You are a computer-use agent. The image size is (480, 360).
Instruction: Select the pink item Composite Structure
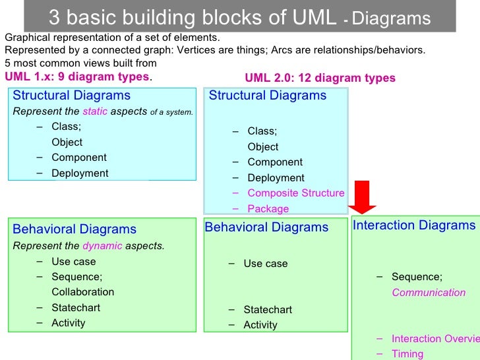coord(295,193)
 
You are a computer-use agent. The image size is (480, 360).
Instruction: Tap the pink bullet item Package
coord(268,209)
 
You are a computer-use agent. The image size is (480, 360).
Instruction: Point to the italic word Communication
coord(429,293)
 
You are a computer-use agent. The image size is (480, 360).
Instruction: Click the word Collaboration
coord(82,292)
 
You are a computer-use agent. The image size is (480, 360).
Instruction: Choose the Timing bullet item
coord(407,354)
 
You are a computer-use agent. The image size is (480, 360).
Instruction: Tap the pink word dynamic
coord(102,246)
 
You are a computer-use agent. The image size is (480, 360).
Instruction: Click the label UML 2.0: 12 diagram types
coord(320,78)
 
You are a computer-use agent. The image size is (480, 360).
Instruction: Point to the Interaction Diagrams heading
coord(414,225)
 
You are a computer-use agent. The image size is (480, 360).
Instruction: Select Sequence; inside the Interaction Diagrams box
coord(417,277)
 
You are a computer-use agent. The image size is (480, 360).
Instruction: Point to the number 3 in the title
coord(53,17)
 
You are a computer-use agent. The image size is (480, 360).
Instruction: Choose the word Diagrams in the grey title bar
coord(391,19)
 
